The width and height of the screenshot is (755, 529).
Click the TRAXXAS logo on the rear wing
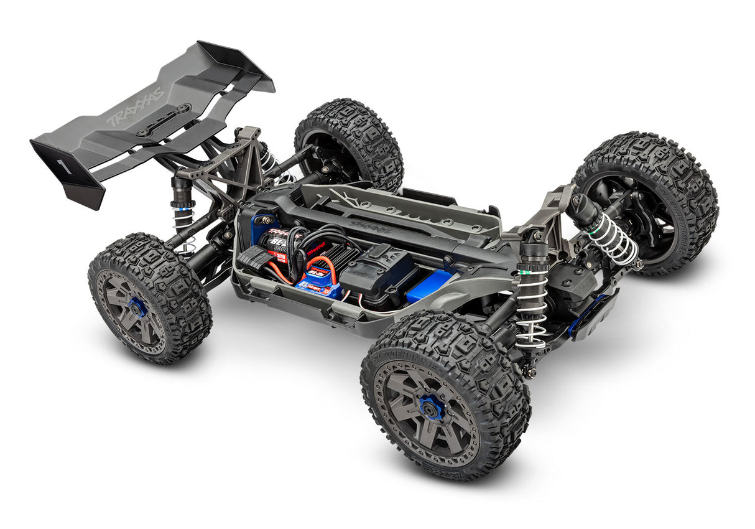pos(136,107)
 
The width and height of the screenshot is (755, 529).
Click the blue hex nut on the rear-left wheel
pos(137,307)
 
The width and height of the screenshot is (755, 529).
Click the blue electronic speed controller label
pos(318,286)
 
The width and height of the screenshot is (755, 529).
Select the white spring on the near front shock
pos(532,305)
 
